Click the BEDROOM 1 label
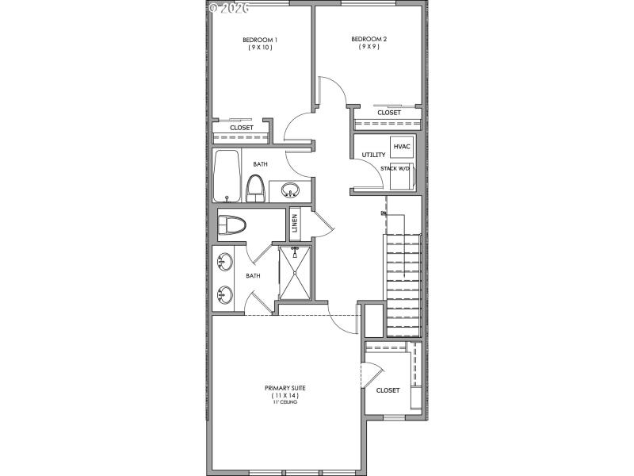pyautogui.click(x=259, y=40)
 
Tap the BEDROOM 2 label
pyautogui.click(x=369, y=39)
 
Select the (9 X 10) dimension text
pyautogui.click(x=259, y=48)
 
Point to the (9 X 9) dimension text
pyautogui.click(x=369, y=48)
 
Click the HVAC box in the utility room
pyautogui.click(x=401, y=148)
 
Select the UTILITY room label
pyautogui.click(x=373, y=155)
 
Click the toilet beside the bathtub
pyautogui.click(x=255, y=187)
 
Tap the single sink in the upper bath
pyautogui.click(x=290, y=190)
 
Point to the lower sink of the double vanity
pyautogui.click(x=224, y=295)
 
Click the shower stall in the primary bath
pyautogui.click(x=294, y=272)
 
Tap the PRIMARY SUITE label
pyautogui.click(x=285, y=388)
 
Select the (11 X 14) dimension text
pyautogui.click(x=285, y=395)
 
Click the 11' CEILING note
pyautogui.click(x=285, y=402)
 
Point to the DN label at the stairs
pyautogui.click(x=384, y=213)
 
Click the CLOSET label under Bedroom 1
pyautogui.click(x=242, y=128)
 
